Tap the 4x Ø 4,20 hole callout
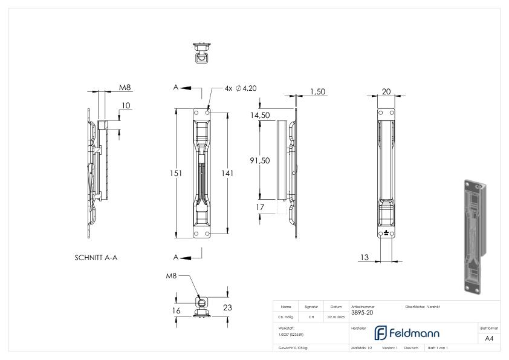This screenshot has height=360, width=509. click(x=241, y=88)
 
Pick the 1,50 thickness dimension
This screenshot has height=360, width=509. click(x=317, y=91)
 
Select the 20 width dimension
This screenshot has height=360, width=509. click(x=386, y=91)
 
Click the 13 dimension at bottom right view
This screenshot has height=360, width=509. click(x=365, y=258)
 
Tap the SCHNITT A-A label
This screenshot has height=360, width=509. click(x=96, y=257)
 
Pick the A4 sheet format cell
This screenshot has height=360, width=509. click(x=490, y=339)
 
